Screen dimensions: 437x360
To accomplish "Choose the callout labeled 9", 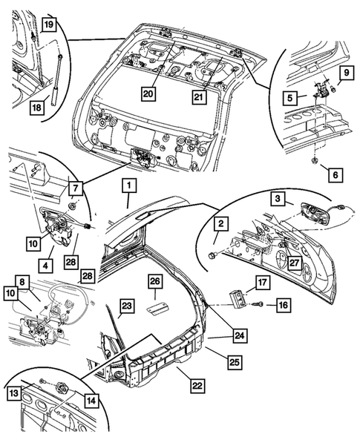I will (344, 73).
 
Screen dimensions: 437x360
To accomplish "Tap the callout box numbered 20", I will (148, 93).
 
